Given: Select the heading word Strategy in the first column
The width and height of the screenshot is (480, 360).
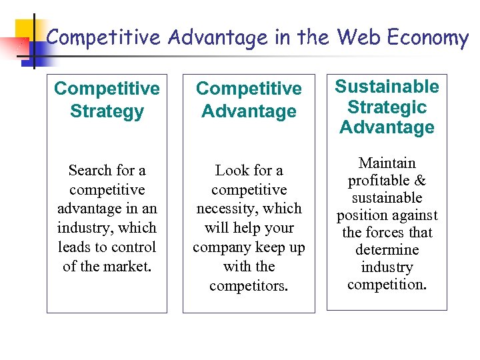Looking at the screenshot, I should point(107,111).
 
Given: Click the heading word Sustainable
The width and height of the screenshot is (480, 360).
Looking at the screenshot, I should point(387,87).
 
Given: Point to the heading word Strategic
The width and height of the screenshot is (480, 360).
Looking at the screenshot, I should point(387,107).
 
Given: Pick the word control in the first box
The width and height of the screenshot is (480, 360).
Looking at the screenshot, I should point(132,247).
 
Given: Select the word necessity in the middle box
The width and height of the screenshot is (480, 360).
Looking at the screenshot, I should point(226,209).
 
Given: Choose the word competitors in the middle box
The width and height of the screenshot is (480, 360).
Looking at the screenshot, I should point(249,285).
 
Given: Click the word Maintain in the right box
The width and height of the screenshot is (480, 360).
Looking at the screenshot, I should point(387,163).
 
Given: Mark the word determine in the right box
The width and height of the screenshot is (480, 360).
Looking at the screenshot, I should point(387,250).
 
